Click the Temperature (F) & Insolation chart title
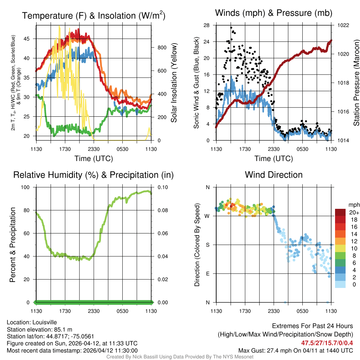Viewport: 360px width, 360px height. click(x=94, y=15)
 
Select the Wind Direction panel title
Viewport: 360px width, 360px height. click(x=274, y=175)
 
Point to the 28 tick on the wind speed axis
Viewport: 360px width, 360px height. click(x=206, y=25)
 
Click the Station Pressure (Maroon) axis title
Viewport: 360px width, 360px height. click(x=356, y=83)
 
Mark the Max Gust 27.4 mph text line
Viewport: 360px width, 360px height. click(x=295, y=350)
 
